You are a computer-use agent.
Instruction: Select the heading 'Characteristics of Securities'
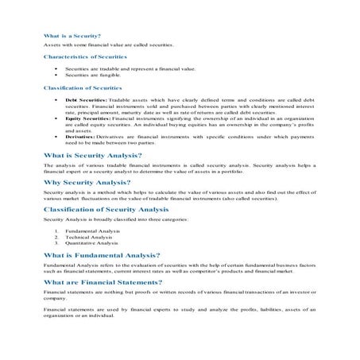(79, 57)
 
